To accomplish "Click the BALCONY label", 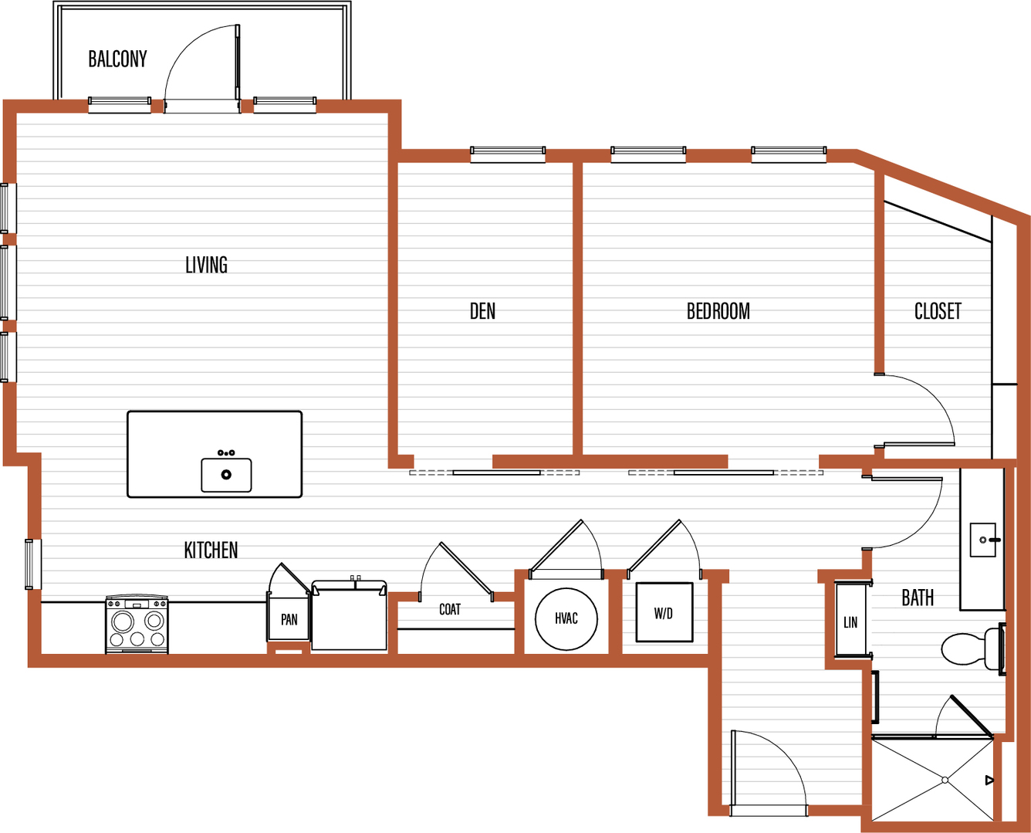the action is click(x=117, y=59).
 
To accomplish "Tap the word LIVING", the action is click(x=206, y=265).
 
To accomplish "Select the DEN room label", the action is click(x=482, y=311).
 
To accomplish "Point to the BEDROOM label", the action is click(x=718, y=311).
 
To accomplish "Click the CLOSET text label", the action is click(x=938, y=311).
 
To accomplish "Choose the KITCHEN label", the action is click(x=211, y=550).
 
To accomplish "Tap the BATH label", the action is click(x=918, y=598).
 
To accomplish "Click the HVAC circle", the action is click(x=566, y=618).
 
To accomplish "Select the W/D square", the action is click(x=664, y=612).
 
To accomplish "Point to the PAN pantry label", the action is click(x=289, y=619).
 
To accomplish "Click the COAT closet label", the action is click(x=450, y=609).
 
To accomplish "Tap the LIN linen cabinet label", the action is click(x=850, y=622).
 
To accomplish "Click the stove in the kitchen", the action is click(x=137, y=625).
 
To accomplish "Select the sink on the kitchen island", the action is click(x=226, y=474).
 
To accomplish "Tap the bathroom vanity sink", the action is click(x=984, y=540).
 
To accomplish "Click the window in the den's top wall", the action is click(x=508, y=154).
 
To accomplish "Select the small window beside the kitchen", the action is click(x=33, y=564).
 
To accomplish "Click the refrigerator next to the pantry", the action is click(x=349, y=615).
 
